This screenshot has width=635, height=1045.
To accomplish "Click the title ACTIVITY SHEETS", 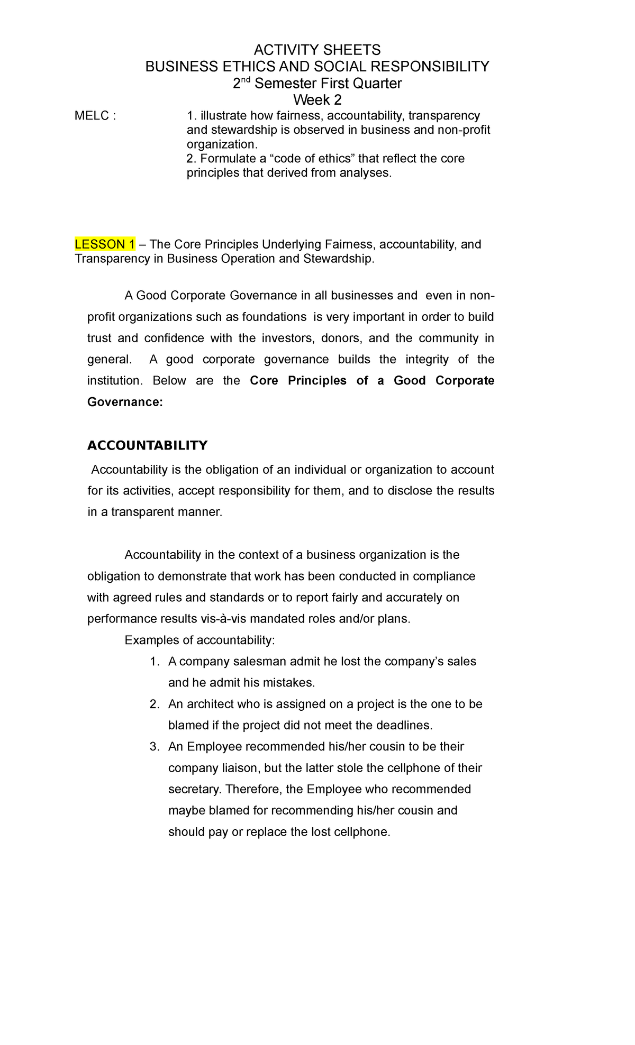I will click(x=317, y=50).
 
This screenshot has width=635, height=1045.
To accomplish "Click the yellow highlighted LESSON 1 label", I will click(x=105, y=244).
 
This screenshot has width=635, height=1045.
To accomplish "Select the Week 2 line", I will click(x=317, y=99).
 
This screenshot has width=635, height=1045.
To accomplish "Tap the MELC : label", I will click(x=95, y=116).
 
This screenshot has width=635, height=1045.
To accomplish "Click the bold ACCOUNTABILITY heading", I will click(x=147, y=445).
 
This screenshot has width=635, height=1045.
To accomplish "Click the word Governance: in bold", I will click(x=125, y=402).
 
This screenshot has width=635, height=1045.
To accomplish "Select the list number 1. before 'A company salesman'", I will click(x=154, y=662).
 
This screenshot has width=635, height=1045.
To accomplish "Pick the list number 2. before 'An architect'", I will click(x=154, y=704).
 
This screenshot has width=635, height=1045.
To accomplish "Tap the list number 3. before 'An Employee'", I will click(x=154, y=747).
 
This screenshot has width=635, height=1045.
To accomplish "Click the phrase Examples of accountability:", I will click(x=199, y=640).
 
